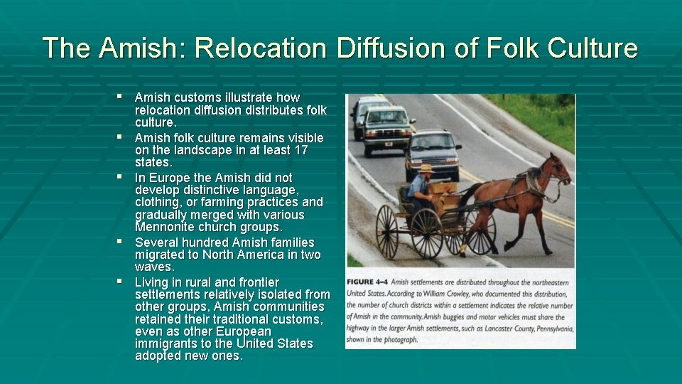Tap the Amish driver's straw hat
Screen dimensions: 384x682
click(x=426, y=169)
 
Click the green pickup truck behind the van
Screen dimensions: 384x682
click(x=387, y=128)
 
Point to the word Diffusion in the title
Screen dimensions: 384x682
click(x=384, y=48)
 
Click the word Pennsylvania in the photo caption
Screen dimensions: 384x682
click(x=546, y=328)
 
